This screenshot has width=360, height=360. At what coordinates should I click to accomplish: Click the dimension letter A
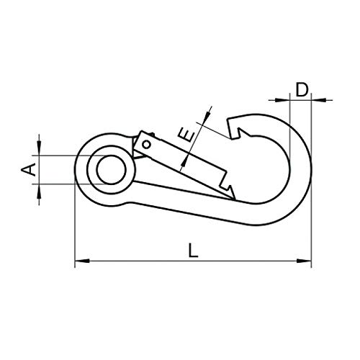coord(29,169)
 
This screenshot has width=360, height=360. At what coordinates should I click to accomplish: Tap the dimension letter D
coord(302,89)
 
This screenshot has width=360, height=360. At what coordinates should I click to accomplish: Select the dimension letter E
coord(186,135)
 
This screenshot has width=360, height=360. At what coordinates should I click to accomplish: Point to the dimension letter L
coord(193,251)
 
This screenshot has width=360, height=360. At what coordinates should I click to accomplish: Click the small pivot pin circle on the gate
coord(146,145)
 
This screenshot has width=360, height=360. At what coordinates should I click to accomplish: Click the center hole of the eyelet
coord(112,170)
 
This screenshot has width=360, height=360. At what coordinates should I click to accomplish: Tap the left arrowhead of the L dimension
coord(82,261)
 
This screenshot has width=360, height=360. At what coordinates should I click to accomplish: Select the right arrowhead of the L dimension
coord(304,261)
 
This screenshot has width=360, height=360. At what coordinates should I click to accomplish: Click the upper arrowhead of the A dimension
coord(39,148)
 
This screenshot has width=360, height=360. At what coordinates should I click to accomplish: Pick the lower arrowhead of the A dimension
coord(39,192)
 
